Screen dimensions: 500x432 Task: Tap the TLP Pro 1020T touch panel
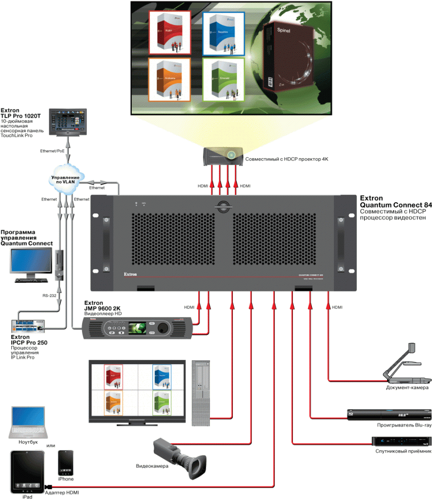(x=68, y=120)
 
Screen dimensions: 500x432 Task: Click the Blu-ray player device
(x=389, y=415)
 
